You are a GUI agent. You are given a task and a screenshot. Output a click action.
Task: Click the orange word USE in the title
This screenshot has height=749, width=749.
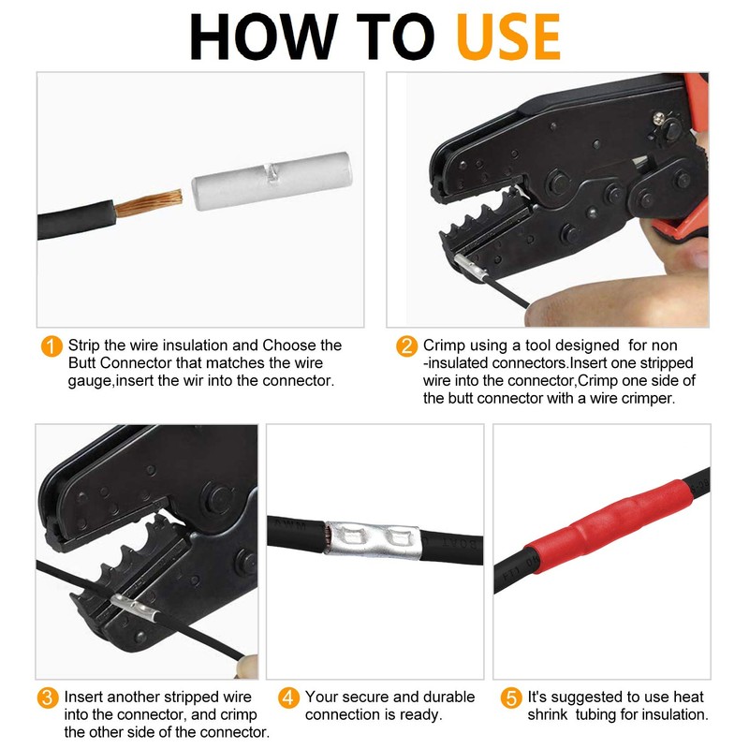click(508, 37)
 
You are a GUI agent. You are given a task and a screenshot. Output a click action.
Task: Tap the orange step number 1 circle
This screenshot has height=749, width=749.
click(51, 345)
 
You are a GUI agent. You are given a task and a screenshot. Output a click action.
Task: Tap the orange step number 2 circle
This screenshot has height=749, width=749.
click(407, 345)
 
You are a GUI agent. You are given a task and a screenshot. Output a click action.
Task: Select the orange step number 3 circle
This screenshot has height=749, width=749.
click(48, 698)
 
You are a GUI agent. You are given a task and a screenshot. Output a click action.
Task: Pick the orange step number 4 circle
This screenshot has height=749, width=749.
click(288, 698)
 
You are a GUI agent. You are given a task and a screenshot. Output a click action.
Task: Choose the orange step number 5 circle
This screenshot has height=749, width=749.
click(511, 698)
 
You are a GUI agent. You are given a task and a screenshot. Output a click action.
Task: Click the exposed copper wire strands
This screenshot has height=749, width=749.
click(149, 203)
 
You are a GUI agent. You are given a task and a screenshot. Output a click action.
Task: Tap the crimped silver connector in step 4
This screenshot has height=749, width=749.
click(373, 540)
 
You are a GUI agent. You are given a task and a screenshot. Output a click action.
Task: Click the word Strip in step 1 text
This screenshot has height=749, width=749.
click(83, 345)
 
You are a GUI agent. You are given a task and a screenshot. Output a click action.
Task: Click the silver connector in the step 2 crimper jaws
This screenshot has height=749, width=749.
click(471, 266)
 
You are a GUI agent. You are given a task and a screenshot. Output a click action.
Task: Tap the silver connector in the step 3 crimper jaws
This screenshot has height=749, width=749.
click(134, 607)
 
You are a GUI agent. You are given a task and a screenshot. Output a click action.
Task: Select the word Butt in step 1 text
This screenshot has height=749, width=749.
click(82, 363)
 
